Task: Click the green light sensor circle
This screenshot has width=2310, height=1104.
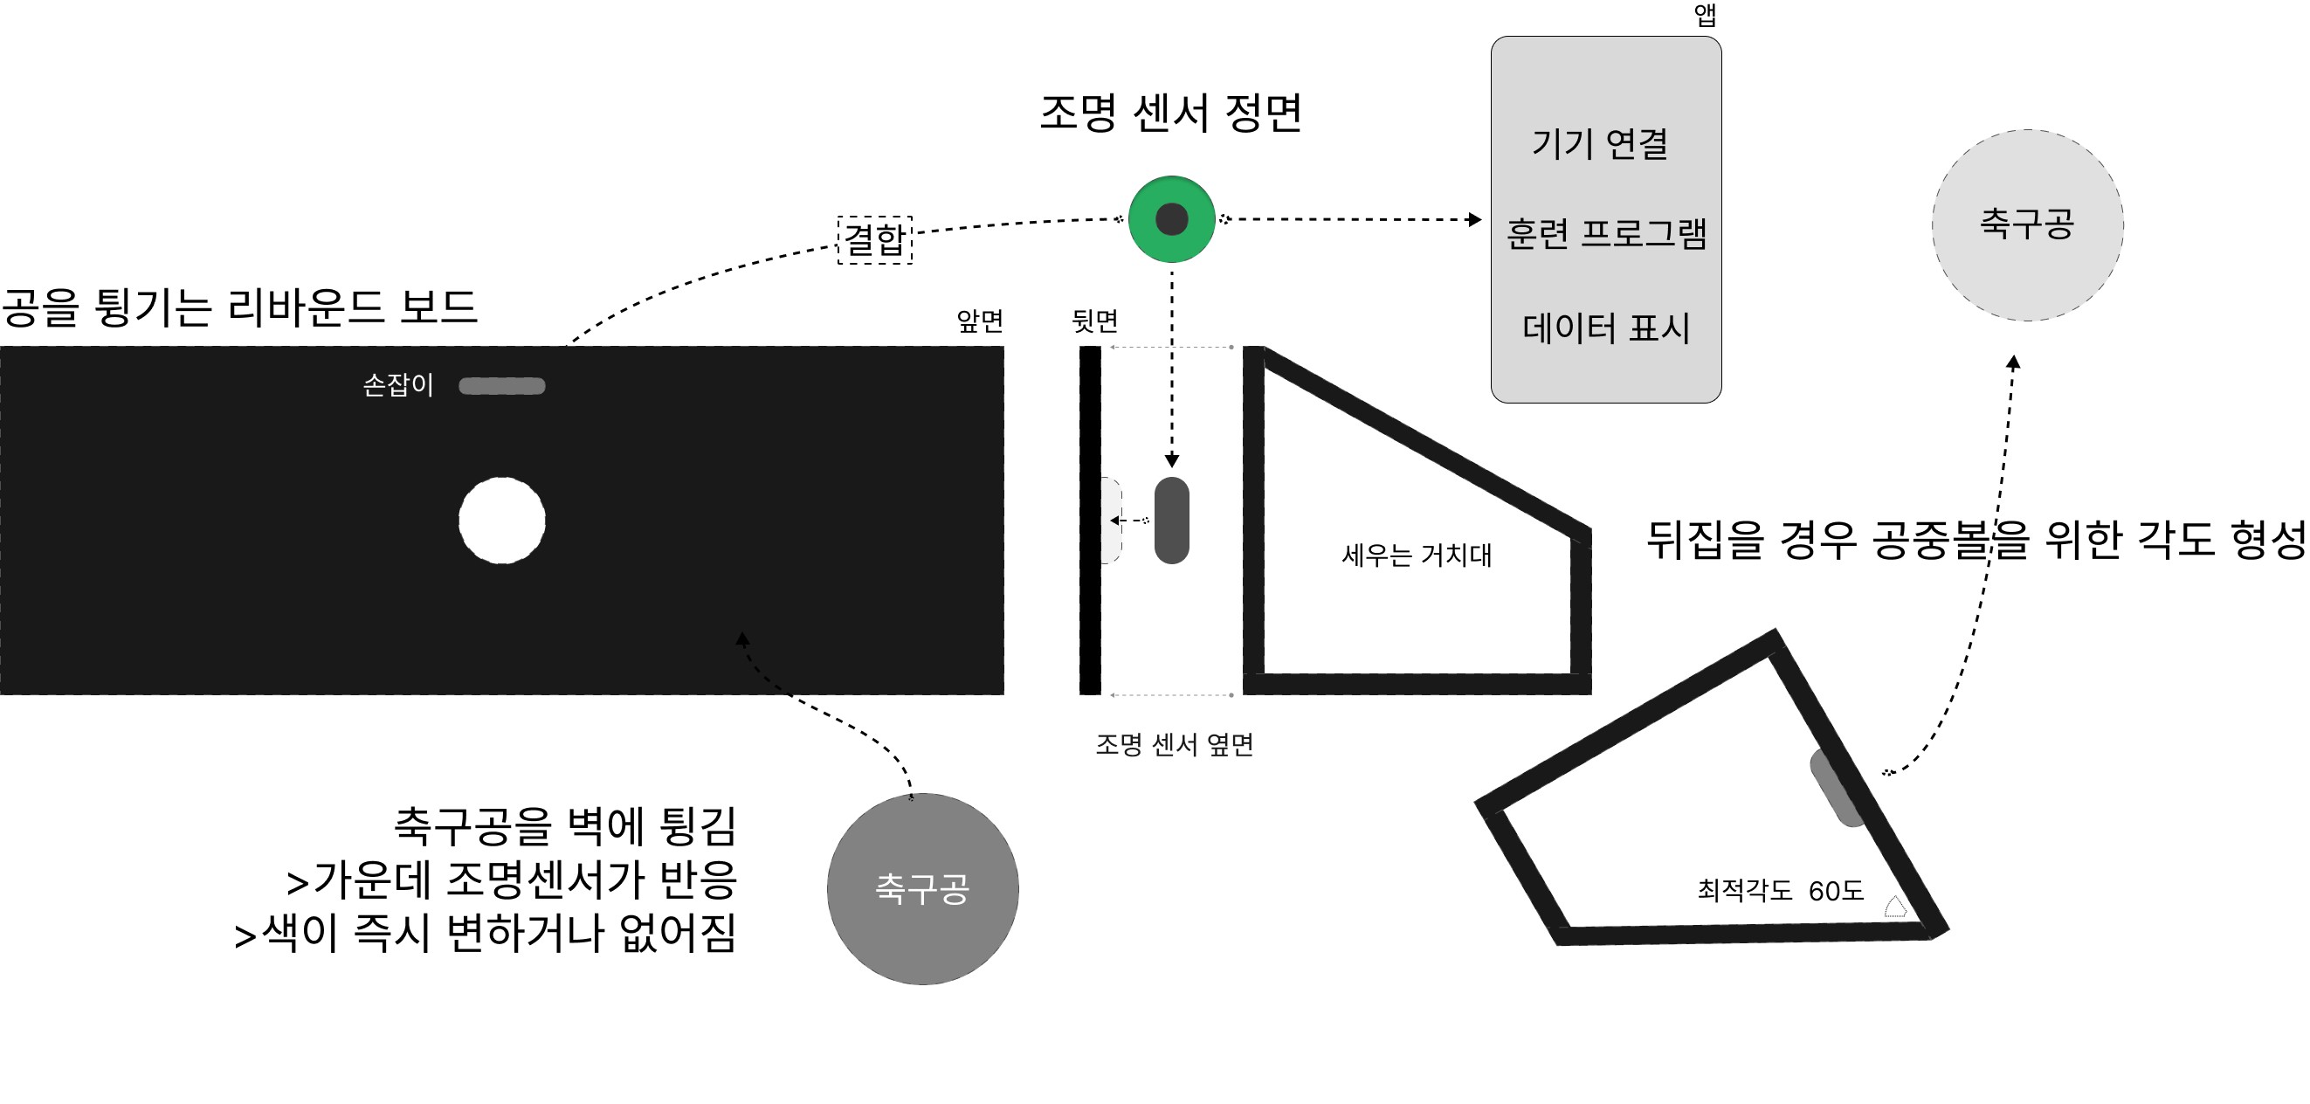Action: pyautogui.click(x=1171, y=219)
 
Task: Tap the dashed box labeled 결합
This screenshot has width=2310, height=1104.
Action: pyautogui.click(x=874, y=239)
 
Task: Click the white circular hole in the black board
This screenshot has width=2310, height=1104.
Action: pyautogui.click(x=502, y=521)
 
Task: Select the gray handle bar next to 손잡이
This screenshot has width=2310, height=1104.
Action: pyautogui.click(x=502, y=386)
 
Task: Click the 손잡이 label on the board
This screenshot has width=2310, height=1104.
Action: pyautogui.click(x=397, y=385)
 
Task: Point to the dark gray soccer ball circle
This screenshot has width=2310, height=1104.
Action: pyautogui.click(x=922, y=888)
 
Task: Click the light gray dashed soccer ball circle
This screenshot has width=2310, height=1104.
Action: pyautogui.click(x=2027, y=224)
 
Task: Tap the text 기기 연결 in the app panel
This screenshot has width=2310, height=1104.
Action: pyautogui.click(x=1600, y=143)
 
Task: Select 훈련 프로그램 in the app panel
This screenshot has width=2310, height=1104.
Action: pyautogui.click(x=1605, y=233)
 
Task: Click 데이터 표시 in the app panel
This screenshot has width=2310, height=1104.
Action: pyautogui.click(x=1605, y=328)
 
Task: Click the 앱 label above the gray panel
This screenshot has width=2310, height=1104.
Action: pyautogui.click(x=1705, y=15)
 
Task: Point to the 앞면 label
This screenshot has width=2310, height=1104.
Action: pyautogui.click(x=979, y=321)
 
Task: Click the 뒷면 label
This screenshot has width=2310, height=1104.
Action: pyautogui.click(x=1095, y=321)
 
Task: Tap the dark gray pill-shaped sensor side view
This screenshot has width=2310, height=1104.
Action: pyautogui.click(x=1171, y=521)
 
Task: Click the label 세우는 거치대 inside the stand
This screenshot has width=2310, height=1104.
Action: pyautogui.click(x=1416, y=555)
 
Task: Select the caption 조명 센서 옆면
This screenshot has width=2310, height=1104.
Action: pyautogui.click(x=1174, y=743)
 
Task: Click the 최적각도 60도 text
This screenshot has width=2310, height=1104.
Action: pyautogui.click(x=1780, y=891)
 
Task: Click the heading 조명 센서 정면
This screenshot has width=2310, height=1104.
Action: pyautogui.click(x=1170, y=113)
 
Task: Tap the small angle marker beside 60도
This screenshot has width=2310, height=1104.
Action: pyautogui.click(x=1895, y=907)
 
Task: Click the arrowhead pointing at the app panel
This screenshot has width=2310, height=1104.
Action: pyautogui.click(x=1474, y=219)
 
